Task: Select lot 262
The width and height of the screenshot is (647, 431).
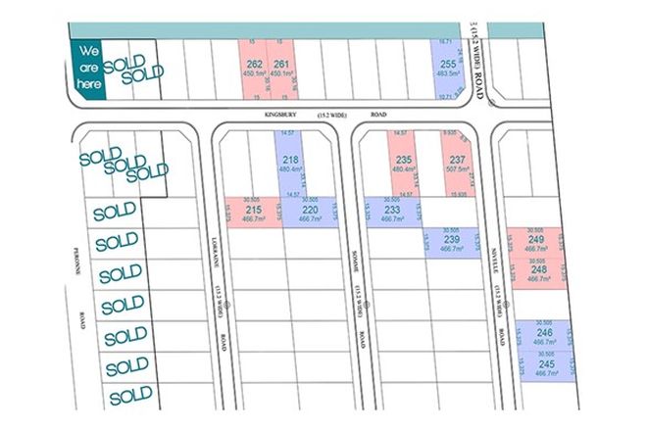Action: pyautogui.click(x=255, y=70)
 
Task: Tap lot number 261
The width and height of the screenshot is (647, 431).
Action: pyautogui.click(x=280, y=70)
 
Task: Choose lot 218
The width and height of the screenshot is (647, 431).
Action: pyautogui.click(x=290, y=164)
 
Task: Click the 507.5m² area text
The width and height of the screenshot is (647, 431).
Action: pyautogui.click(x=457, y=170)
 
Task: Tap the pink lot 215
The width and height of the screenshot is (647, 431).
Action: pyautogui.click(x=254, y=213)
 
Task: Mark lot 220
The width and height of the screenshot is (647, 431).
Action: pyautogui.click(x=309, y=213)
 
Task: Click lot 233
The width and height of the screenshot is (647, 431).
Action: pyautogui.click(x=391, y=213)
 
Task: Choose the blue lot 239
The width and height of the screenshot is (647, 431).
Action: pyautogui.click(x=450, y=243)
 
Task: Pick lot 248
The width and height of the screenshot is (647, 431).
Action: pyautogui.click(x=536, y=272)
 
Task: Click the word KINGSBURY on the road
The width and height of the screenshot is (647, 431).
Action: pyautogui.click(x=280, y=115)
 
